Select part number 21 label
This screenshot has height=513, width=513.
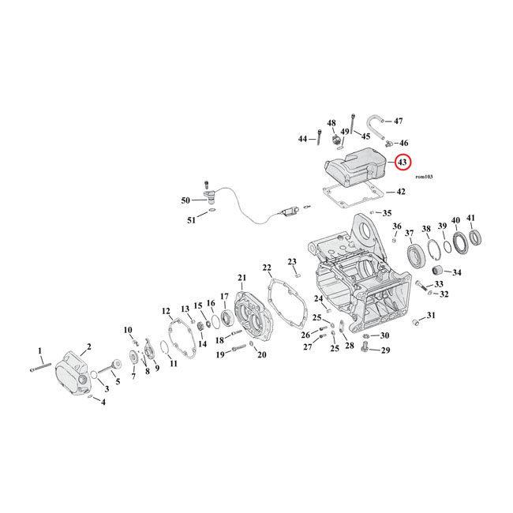click(242, 278)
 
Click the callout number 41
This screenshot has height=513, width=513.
click(471, 219)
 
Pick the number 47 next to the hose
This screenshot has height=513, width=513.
click(399, 121)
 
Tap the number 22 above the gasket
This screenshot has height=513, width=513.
click(267, 268)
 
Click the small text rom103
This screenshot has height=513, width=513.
click(424, 178)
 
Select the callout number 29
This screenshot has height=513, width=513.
click(385, 350)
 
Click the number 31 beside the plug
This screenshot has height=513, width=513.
click(430, 316)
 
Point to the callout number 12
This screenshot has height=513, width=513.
click(167, 310)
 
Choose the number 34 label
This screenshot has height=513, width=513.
click(457, 273)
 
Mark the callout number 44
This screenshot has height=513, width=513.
click(302, 139)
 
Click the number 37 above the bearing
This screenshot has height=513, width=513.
click(410, 234)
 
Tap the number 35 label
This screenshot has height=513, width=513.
click(387, 213)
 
